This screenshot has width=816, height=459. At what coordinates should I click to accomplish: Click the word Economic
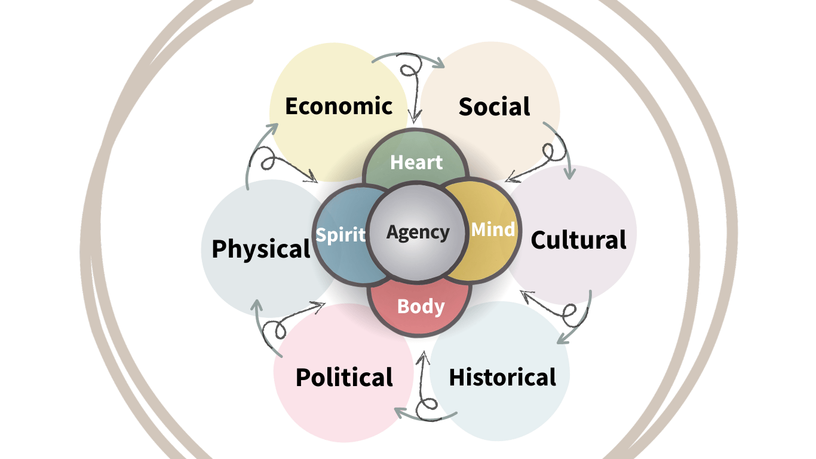pos(339,106)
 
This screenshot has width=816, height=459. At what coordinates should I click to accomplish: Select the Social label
pos(495,106)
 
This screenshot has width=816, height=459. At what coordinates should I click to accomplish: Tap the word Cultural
pos(578,240)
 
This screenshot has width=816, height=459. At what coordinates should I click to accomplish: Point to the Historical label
pos(502,377)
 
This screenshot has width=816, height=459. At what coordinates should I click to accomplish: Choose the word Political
pos(344,377)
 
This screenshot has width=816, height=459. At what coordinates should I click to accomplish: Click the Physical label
pos(261,249)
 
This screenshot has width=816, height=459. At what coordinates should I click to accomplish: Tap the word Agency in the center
pos(418,233)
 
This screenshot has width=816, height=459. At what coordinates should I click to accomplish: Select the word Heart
pos(416,162)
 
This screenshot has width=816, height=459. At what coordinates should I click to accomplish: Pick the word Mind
pos(493,229)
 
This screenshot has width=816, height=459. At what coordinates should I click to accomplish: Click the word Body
pos(421,307)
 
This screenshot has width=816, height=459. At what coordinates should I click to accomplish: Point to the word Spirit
pos(340,234)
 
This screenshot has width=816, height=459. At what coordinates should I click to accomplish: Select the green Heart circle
pos(416,157)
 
